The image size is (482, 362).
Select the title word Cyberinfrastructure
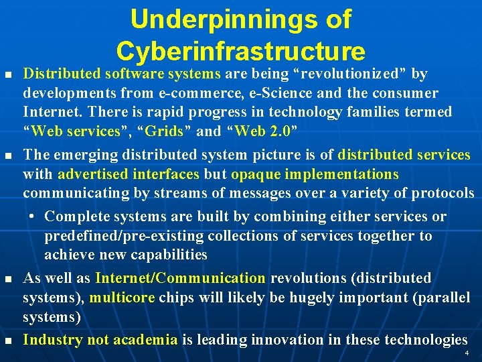pos(240,52)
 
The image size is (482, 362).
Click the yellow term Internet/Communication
pos(181,278)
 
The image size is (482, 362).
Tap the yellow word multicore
pos(116,298)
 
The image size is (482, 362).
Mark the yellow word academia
pos(145,340)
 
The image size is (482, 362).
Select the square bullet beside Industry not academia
pos(8,341)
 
